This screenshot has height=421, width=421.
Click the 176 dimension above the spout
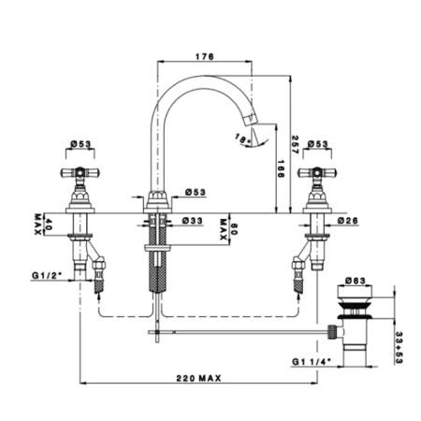coord(205,57)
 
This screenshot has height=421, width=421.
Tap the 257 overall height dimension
coord(295,144)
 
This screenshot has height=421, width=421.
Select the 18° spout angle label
coord(242,138)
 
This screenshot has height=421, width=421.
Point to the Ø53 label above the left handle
coord(80,144)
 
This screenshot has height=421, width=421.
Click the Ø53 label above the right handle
coord(318,144)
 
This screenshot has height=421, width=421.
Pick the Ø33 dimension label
coord(193,221)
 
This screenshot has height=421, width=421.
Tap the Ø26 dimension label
coord(348,221)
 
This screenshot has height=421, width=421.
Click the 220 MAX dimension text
coord(199,378)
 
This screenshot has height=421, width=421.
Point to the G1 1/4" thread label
coord(312,362)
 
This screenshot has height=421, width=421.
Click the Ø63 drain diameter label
coord(356,281)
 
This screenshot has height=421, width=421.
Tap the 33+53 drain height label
coord(399,347)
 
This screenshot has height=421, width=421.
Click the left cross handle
coord(80,172)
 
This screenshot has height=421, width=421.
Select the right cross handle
coord(317,172)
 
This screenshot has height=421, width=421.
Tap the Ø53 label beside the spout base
coord(196,192)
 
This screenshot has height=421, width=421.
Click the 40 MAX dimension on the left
coord(43,225)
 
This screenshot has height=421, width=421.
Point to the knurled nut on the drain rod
coord(332,332)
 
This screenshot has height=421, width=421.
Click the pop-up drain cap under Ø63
coord(356,291)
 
